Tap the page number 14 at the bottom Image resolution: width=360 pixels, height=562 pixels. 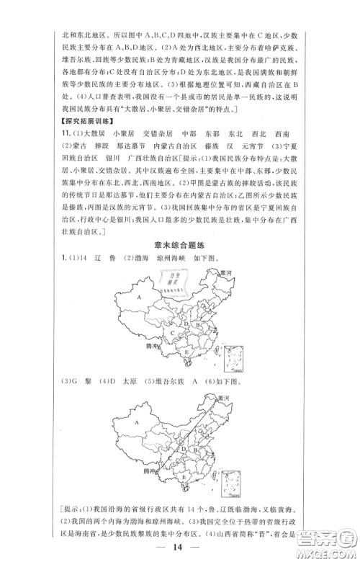179,550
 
